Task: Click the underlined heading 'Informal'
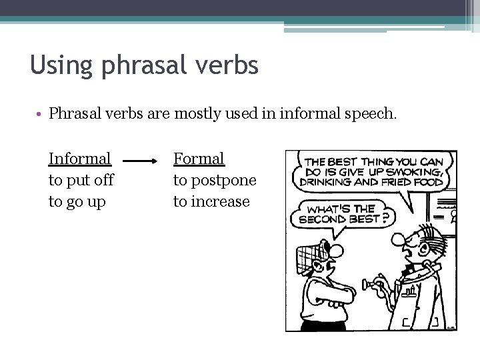pos(79,159)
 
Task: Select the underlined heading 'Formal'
pos(199,159)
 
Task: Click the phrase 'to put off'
pos(81,180)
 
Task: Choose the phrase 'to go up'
pos(77,201)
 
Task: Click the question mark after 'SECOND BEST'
pos(386,218)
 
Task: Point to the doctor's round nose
pos(397,240)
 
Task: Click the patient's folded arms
pos(327,293)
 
